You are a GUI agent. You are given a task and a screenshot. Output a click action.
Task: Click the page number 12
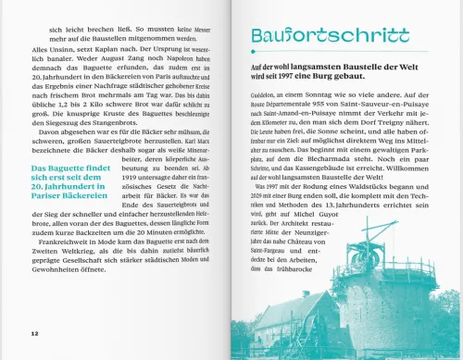tap(34, 330)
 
